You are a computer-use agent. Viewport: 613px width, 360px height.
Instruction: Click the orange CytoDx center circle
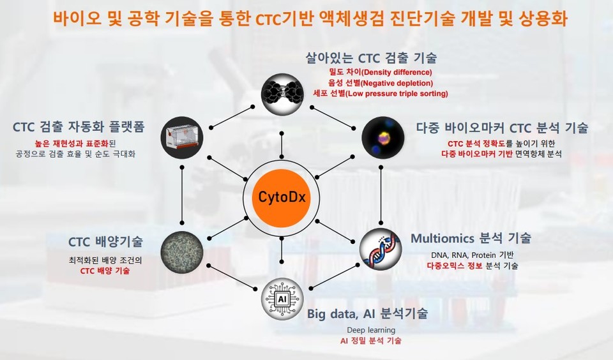coord(282,197)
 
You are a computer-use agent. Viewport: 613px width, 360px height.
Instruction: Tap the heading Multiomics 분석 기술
coord(471,239)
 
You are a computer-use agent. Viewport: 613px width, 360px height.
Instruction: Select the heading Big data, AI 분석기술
coord(367,313)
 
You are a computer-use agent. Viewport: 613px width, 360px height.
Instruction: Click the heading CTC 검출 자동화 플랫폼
coord(79,126)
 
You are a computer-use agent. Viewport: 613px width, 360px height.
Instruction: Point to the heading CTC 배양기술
coord(105,242)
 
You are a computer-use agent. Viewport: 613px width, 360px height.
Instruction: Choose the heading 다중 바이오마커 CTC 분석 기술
coord(502,127)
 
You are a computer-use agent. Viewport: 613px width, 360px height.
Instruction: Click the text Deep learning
coord(371,330)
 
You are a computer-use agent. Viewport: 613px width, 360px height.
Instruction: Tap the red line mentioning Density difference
coord(381,72)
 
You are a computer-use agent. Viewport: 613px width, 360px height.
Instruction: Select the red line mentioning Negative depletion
coord(381,83)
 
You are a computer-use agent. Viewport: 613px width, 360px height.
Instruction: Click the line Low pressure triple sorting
coord(381,94)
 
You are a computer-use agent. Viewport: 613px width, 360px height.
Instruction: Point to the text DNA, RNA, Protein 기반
coord(473,255)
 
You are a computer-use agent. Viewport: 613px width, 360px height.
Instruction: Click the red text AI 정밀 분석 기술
coord(371,341)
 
